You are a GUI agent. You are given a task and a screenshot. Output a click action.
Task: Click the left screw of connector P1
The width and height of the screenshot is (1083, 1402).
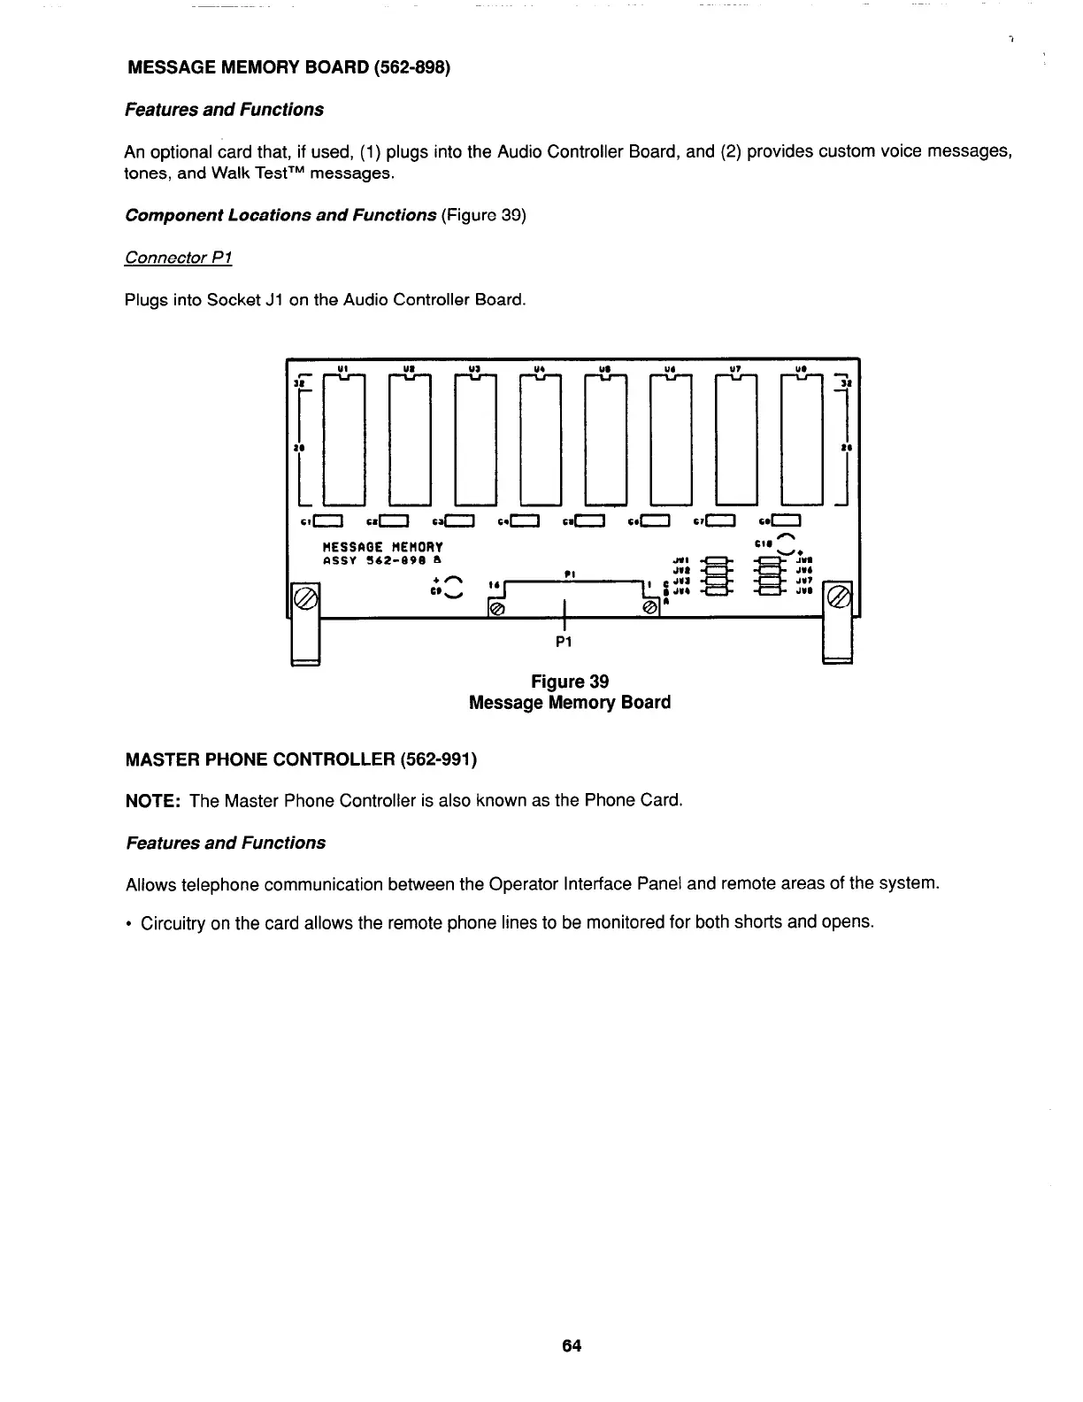[497, 609]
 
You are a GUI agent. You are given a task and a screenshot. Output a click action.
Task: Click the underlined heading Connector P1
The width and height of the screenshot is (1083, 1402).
[178, 258]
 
